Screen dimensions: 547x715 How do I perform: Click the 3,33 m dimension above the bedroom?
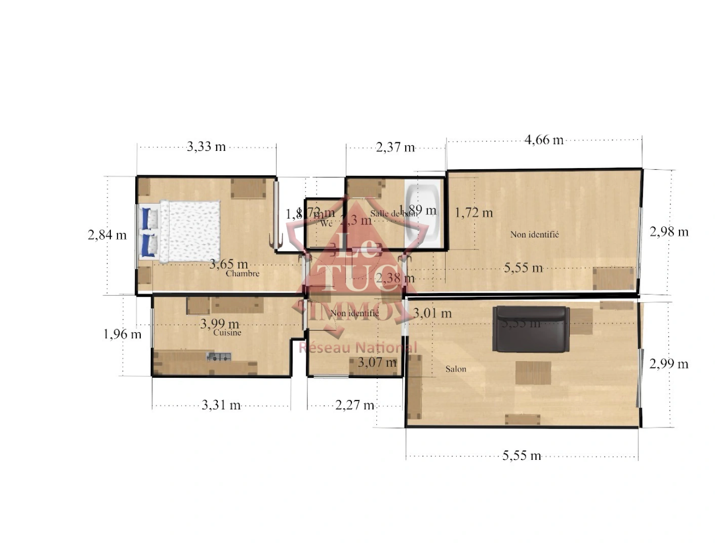point(206,147)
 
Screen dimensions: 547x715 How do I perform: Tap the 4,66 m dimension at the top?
point(544,140)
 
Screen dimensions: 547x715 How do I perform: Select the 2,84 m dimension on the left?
point(107,235)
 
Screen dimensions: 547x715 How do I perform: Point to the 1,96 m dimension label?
point(122,334)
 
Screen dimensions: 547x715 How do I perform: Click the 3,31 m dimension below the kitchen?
point(221,405)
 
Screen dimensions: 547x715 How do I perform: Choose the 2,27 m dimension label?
point(354,405)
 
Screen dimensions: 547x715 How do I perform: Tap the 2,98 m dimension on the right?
point(669,232)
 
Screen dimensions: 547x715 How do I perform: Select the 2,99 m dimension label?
point(669,364)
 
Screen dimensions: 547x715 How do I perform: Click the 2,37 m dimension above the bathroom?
point(395,147)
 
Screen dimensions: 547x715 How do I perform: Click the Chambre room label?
point(243,273)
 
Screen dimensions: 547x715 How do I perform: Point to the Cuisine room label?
point(227,333)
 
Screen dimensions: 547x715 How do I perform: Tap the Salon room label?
point(456,369)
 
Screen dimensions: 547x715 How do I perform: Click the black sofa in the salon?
point(530,329)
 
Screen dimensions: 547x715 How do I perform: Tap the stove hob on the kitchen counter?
point(219,357)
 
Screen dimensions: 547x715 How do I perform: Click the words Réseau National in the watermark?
point(357,347)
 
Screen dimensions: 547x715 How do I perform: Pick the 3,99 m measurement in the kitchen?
point(219,324)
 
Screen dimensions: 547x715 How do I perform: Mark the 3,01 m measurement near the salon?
point(432,314)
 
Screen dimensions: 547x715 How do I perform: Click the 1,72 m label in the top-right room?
point(473,213)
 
